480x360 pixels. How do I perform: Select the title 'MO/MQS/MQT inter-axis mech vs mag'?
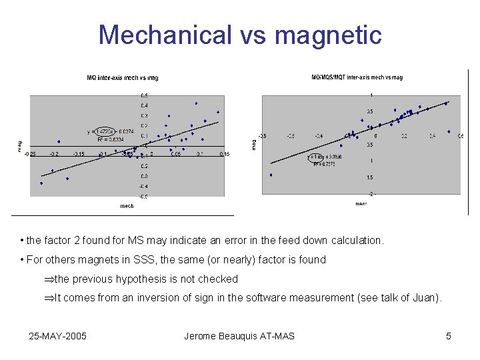click(357, 77)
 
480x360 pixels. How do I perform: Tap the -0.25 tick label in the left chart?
click(31, 154)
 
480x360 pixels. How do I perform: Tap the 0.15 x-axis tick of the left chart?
click(225, 154)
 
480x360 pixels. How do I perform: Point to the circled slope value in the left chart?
click(106, 131)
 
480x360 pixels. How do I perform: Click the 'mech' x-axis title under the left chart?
click(127, 206)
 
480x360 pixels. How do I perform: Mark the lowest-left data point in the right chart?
click(271, 175)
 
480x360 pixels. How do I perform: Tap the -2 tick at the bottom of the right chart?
click(371, 193)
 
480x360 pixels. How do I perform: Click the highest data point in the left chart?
click(196, 103)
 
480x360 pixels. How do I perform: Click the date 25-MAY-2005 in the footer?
click(57, 336)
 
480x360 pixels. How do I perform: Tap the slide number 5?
click(449, 336)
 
